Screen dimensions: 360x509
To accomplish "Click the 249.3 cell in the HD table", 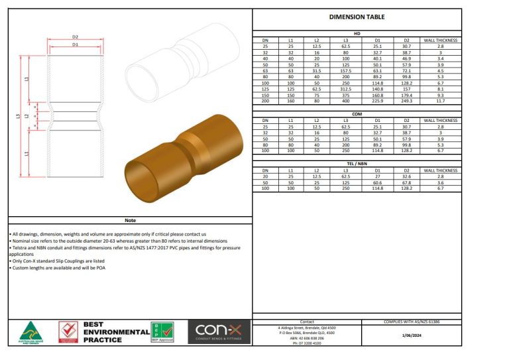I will click(407, 101).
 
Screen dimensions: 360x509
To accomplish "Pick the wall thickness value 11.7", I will click(440, 101).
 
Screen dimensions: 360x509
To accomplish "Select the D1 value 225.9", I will click(378, 101).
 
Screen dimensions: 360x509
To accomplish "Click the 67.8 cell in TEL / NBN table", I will click(407, 184).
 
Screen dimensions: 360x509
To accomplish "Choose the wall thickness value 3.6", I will click(440, 184).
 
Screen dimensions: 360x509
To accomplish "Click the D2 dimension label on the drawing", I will click(76, 37).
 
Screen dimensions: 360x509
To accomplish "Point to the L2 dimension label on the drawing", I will click(27, 115).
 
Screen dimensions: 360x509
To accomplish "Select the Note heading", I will click(129, 221).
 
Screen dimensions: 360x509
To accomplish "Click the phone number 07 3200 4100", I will click(307, 343).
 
